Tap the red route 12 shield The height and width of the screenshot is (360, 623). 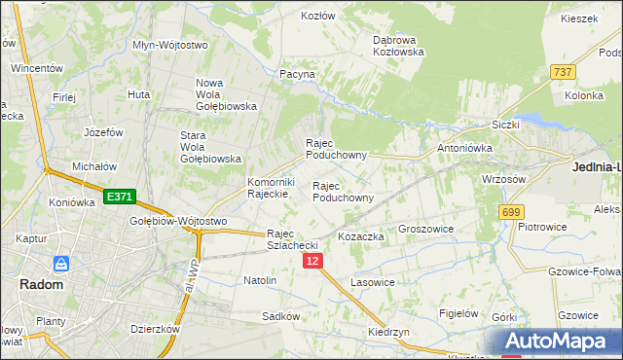click(311, 262)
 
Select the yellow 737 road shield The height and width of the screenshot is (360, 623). click(562, 72)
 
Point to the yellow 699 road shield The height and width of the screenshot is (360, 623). click(510, 211)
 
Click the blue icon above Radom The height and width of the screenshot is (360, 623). click(61, 264)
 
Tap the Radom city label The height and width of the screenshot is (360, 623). click(41, 284)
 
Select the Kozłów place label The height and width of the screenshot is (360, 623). click(317, 17)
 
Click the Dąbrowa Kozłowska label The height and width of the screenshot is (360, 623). click(399, 46)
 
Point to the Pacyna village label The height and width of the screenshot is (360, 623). click(296, 74)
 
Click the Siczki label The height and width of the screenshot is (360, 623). click(505, 125)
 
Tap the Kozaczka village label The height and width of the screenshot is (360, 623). click(360, 236)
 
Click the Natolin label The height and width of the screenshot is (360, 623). click(260, 280)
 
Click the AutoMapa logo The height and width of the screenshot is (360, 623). click(559, 342)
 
